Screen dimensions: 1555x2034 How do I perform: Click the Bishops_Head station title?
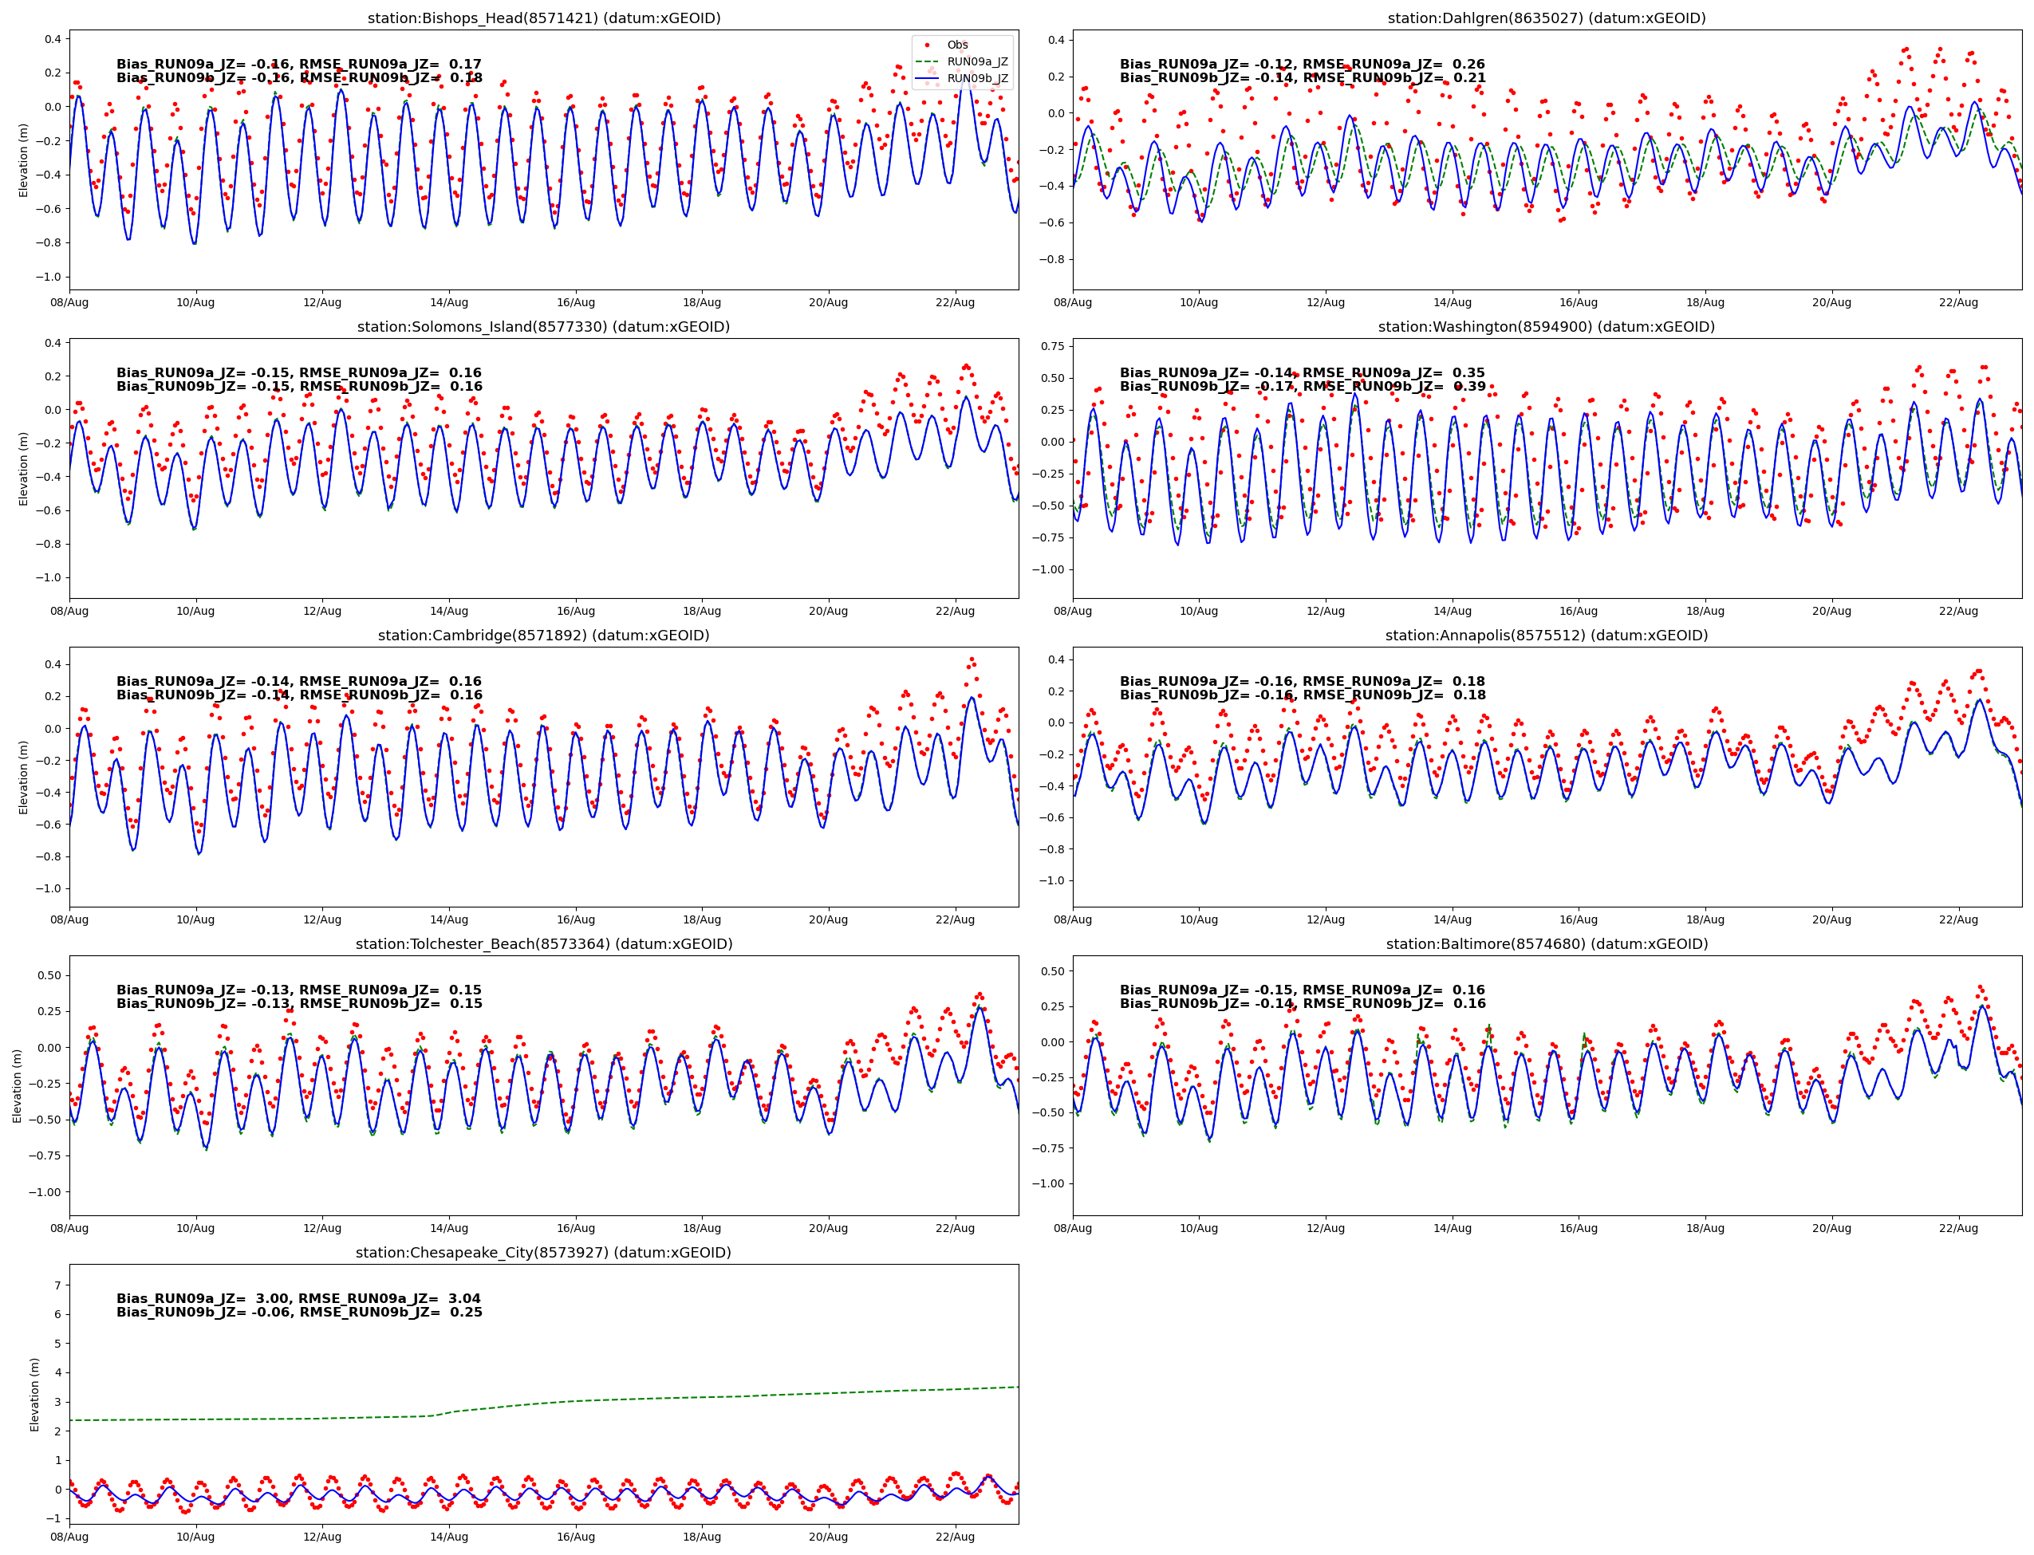click(543, 18)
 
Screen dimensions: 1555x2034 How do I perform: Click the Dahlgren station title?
click(1546, 18)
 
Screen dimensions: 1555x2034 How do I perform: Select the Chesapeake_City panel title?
click(543, 1252)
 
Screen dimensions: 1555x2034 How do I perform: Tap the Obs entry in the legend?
click(956, 45)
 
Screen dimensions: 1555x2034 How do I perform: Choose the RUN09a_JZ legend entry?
click(977, 62)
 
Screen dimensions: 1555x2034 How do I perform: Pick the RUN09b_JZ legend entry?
click(977, 79)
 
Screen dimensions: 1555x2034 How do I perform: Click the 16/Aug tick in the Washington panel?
click(1578, 611)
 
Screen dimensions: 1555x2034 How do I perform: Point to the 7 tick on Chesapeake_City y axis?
click(57, 1285)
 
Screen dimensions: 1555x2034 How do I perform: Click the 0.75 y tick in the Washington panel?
click(1053, 346)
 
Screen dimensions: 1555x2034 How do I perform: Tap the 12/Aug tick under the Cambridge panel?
click(322, 919)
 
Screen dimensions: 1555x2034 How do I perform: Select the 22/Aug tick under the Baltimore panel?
click(1958, 1228)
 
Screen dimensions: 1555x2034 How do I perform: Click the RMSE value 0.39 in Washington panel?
click(1469, 386)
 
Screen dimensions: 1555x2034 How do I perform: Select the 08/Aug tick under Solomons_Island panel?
click(69, 611)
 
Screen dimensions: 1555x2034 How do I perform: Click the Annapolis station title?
click(1546, 635)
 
